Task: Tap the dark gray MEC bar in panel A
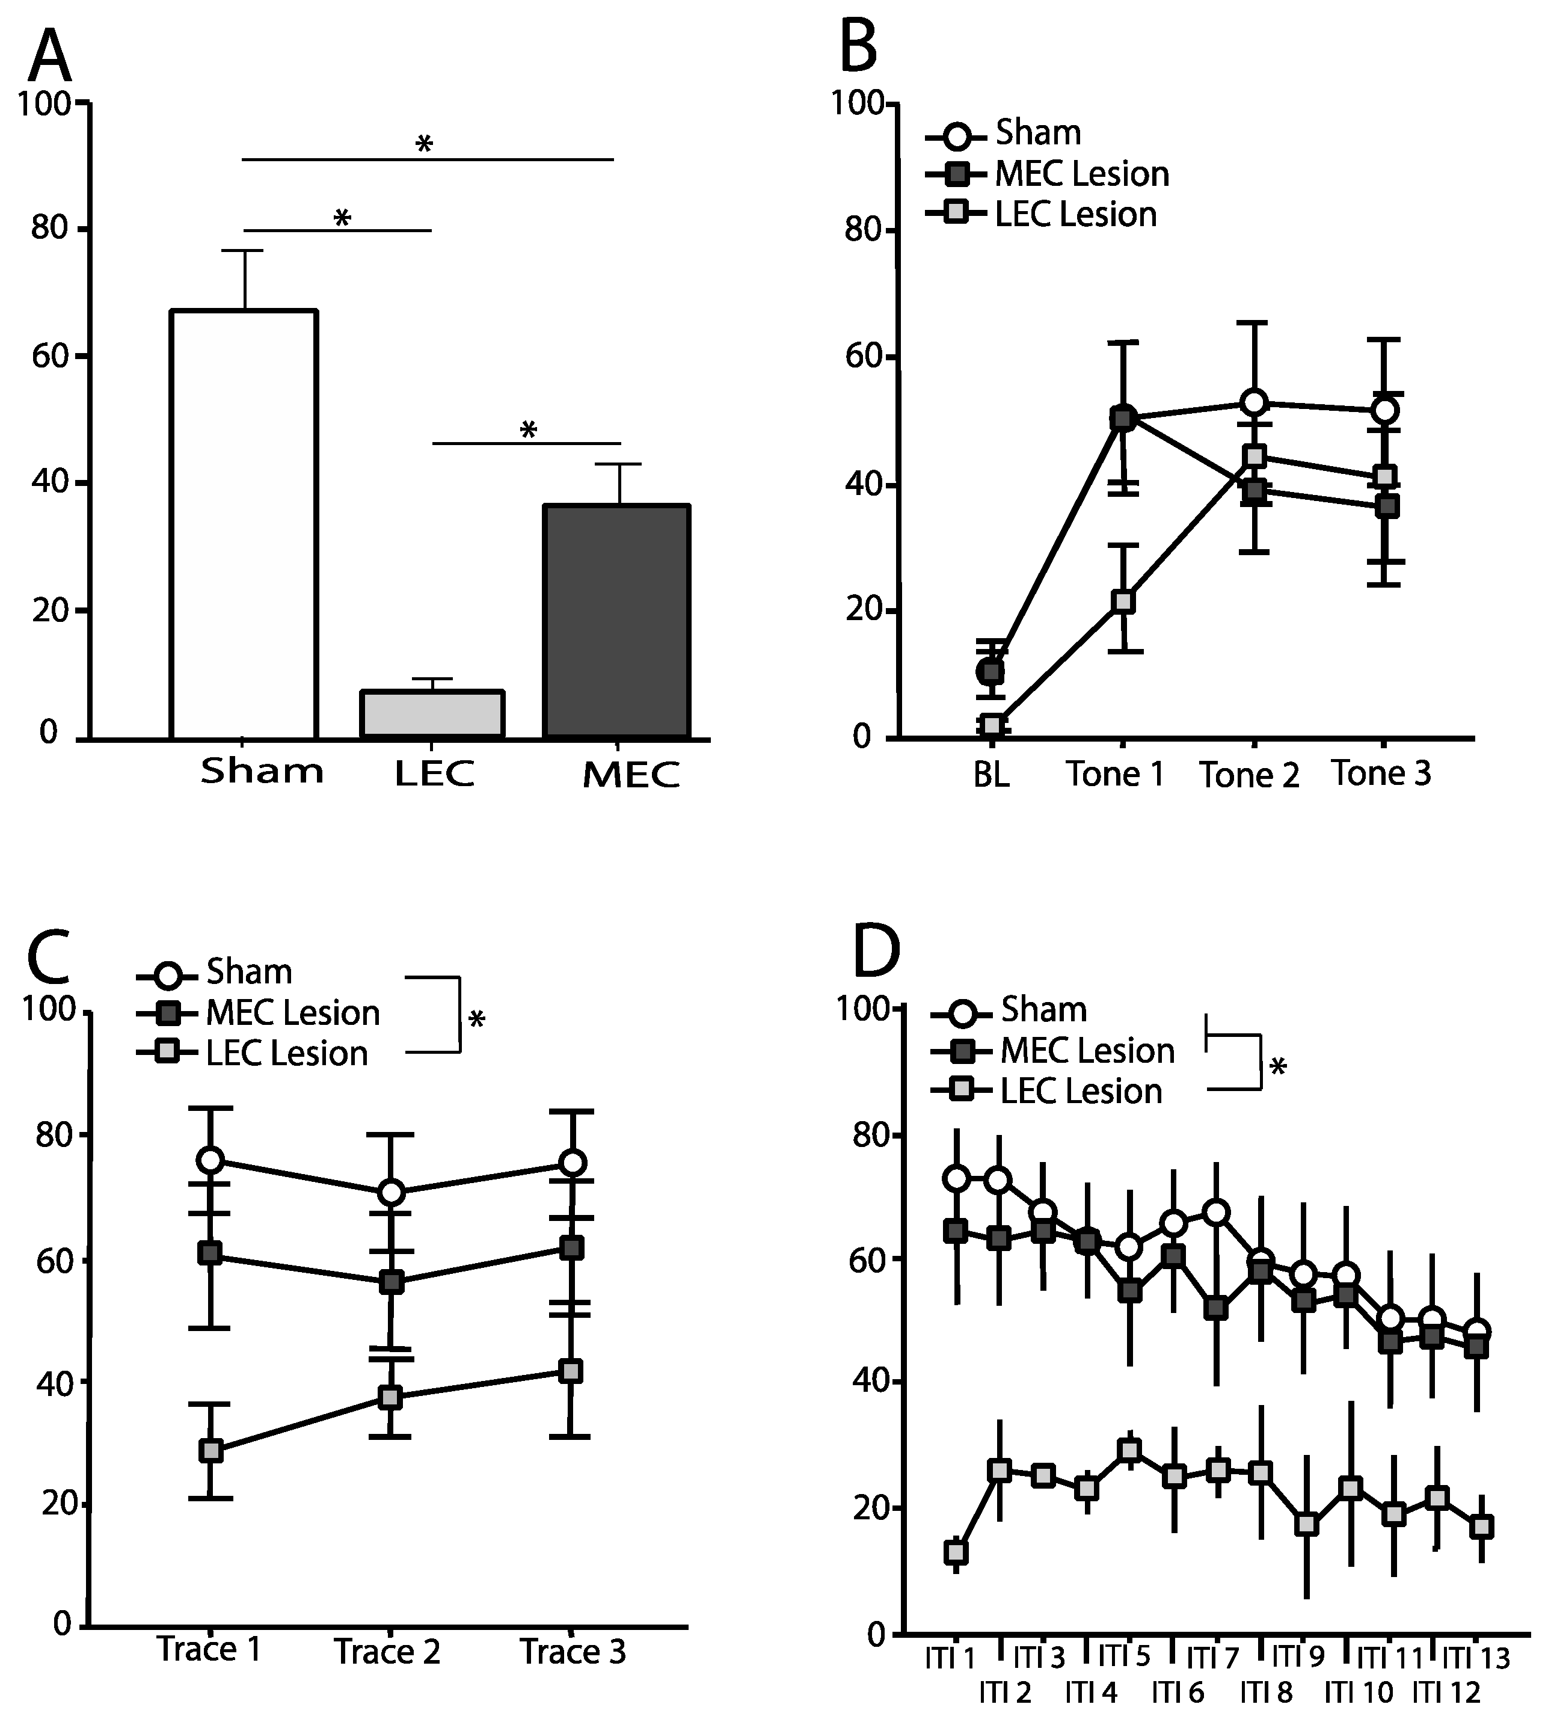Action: click(616, 621)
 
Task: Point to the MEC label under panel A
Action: click(631, 775)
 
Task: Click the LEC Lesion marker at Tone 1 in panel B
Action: click(1123, 601)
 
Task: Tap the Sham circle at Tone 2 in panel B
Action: click(1253, 402)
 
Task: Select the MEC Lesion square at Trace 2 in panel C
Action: click(390, 1282)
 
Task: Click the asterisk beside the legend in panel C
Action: click(476, 1019)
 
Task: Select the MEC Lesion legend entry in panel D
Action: click(1054, 1051)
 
